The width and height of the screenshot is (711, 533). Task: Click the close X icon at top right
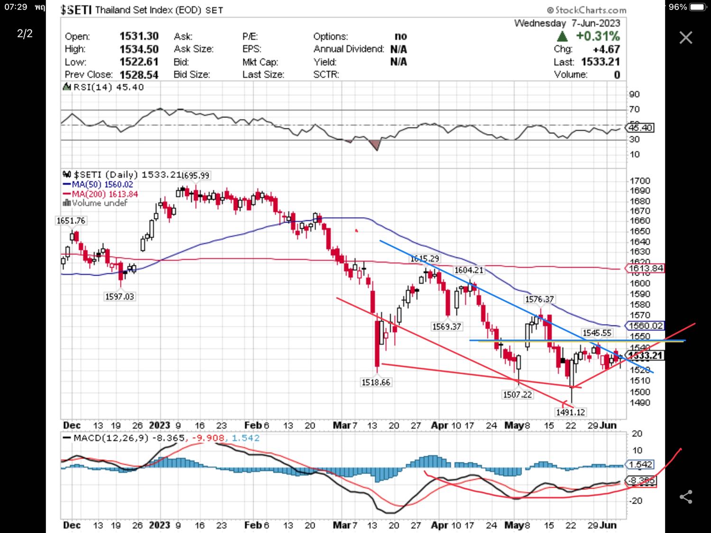click(x=685, y=37)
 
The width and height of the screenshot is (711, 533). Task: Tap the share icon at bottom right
click(x=685, y=497)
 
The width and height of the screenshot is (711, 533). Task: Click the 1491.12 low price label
click(x=570, y=412)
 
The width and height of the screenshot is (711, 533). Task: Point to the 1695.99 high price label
click(x=196, y=175)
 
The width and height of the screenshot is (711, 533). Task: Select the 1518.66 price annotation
click(x=376, y=382)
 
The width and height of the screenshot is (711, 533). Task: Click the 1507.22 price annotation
click(x=517, y=394)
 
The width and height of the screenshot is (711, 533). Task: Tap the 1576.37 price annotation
click(x=539, y=299)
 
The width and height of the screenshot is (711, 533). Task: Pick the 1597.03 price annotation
click(x=119, y=297)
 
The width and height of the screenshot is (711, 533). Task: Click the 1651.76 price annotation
click(x=71, y=221)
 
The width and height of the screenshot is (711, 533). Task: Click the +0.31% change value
click(x=597, y=36)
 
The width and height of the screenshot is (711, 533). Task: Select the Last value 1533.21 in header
click(x=600, y=62)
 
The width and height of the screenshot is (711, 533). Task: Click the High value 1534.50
click(x=139, y=49)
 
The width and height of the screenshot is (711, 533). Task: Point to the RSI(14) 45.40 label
click(x=108, y=87)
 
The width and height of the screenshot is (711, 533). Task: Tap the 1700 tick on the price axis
click(x=640, y=181)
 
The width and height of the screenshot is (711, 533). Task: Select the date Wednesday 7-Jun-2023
click(x=567, y=23)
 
